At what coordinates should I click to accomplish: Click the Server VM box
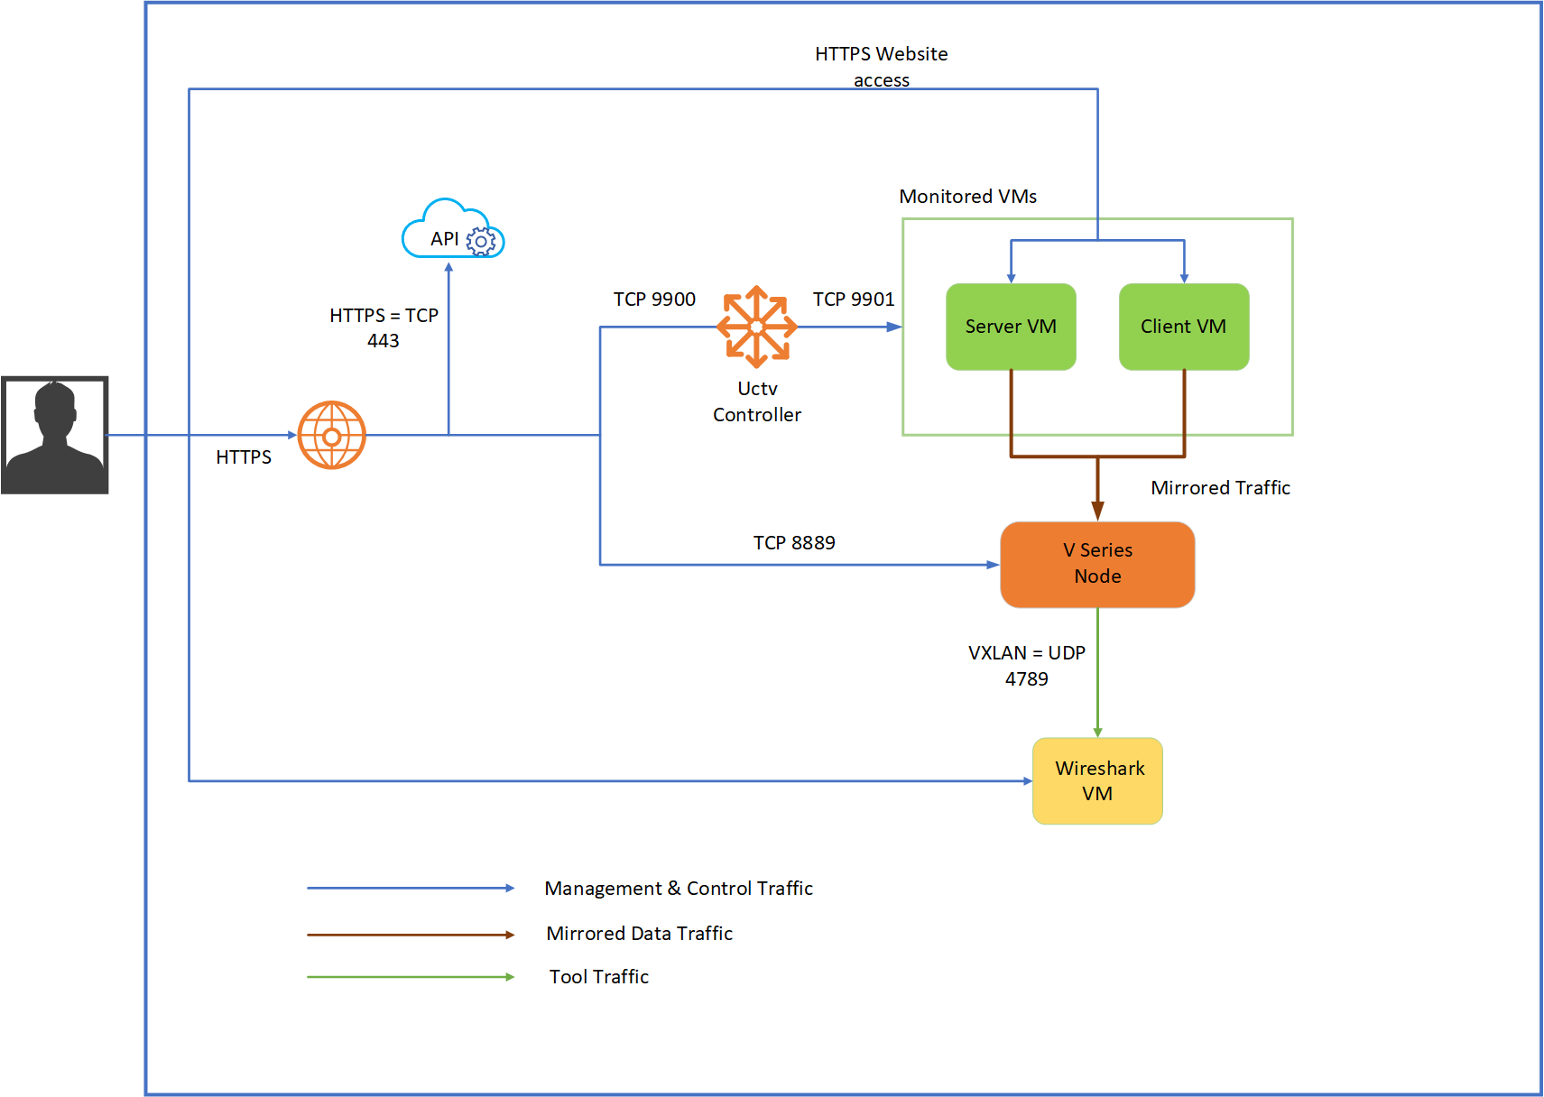[x=1011, y=327]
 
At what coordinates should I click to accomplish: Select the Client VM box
[x=1184, y=327]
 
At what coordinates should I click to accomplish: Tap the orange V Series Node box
[x=1097, y=565]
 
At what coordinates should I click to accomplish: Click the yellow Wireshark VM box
[x=1097, y=780]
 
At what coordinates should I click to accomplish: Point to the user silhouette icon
[x=54, y=435]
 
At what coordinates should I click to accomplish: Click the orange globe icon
[x=331, y=435]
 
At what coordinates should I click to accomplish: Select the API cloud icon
[x=453, y=229]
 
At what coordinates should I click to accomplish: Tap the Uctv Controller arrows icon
[x=757, y=327]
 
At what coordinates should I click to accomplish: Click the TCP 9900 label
[x=654, y=299]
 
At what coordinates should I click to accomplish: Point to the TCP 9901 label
[x=854, y=299]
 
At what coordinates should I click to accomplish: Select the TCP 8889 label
[x=794, y=543]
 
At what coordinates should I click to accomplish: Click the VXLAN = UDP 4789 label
[x=1026, y=666]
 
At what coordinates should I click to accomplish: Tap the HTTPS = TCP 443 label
[x=384, y=328]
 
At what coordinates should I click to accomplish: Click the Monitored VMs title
[x=967, y=197]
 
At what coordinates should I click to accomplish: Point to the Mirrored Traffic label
[x=1220, y=488]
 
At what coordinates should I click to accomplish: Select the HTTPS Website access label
[x=881, y=67]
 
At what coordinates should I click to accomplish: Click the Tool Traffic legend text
[x=599, y=976]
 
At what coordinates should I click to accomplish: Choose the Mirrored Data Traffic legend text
[x=639, y=933]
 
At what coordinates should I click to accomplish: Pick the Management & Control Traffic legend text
[x=679, y=889]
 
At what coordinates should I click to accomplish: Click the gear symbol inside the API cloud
[x=480, y=241]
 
